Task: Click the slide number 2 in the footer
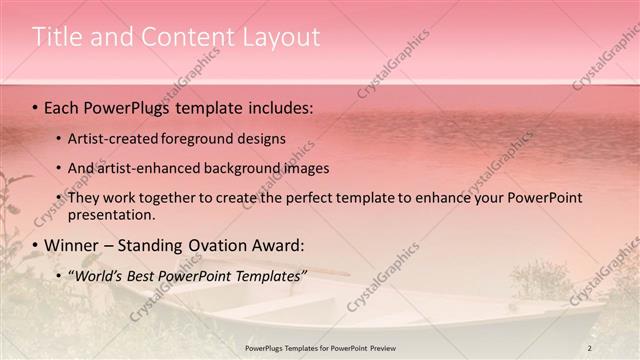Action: (589, 347)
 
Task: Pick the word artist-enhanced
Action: (156, 168)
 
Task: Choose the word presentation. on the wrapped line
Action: (112, 214)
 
